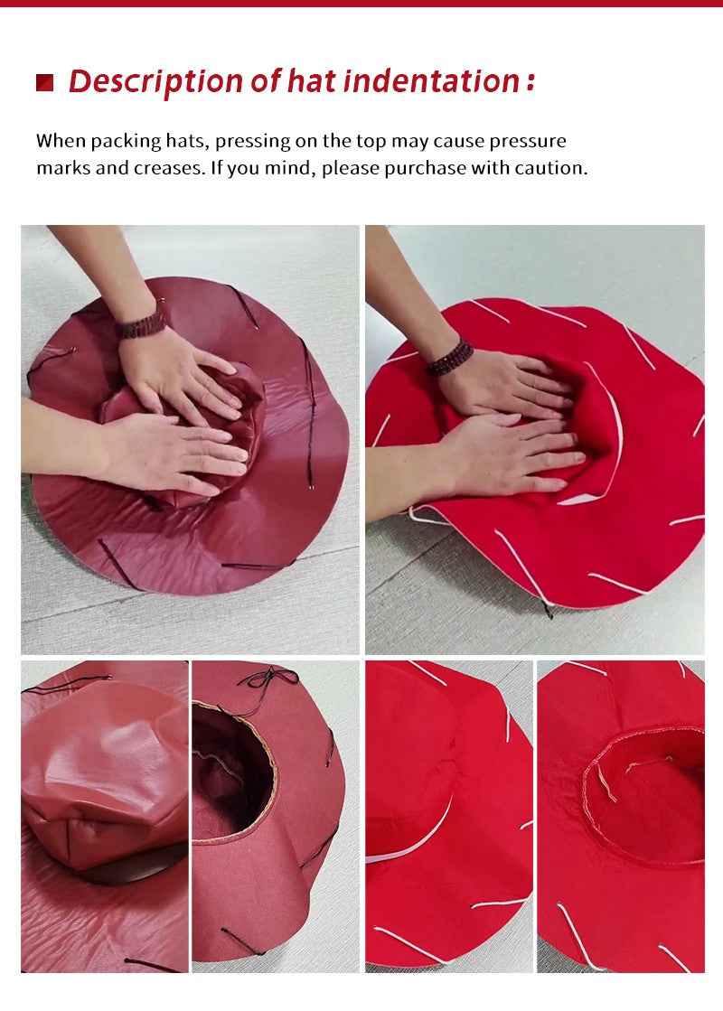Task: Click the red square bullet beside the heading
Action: [x=44, y=82]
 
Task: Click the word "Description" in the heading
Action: [x=155, y=82]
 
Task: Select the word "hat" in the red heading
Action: [x=312, y=81]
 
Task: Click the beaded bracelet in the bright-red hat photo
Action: [x=449, y=357]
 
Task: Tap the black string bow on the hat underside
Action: [x=268, y=679]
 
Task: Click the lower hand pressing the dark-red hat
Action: [x=174, y=453]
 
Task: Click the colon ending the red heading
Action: [x=531, y=82]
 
